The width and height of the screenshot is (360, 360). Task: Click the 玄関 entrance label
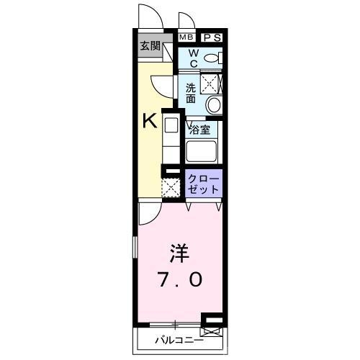[x=150, y=45]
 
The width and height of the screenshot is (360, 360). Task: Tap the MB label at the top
[x=186, y=37]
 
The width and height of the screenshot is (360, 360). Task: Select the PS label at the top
[x=212, y=37]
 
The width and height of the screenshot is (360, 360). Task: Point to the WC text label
[x=193, y=58]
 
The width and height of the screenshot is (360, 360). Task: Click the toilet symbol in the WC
[x=212, y=58]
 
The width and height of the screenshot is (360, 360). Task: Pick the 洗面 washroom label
[x=191, y=93]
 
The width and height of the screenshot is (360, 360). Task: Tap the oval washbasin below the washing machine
[x=213, y=105]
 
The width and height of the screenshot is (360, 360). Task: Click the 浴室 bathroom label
[x=199, y=130]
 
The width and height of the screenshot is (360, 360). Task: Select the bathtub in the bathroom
[x=202, y=151]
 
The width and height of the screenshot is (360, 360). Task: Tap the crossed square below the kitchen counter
[x=171, y=188]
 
